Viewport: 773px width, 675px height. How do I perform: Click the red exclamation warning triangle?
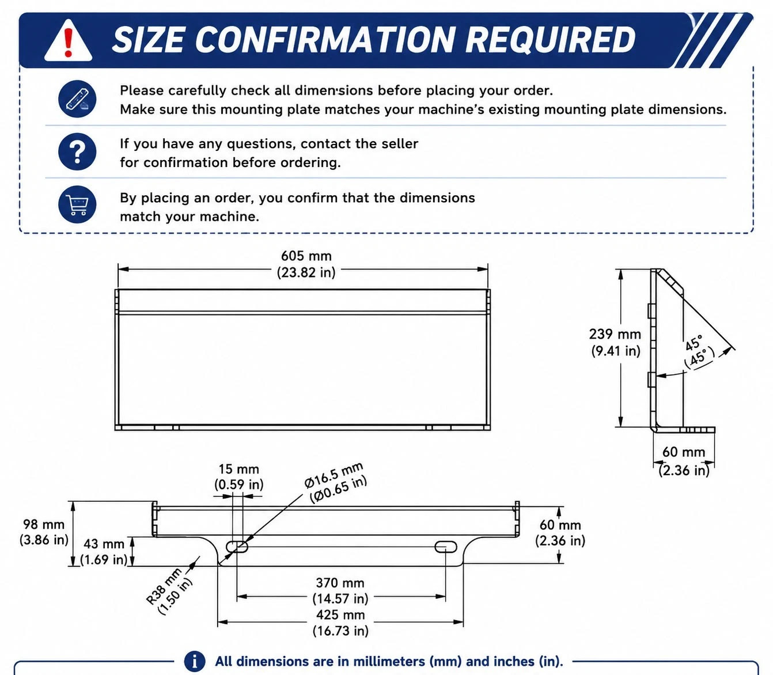pyautogui.click(x=68, y=41)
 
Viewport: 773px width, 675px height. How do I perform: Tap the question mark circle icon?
pyautogui.click(x=77, y=151)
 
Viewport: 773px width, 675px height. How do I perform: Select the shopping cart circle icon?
pyautogui.click(x=77, y=204)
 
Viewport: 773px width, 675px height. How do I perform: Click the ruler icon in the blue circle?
pyautogui.click(x=77, y=99)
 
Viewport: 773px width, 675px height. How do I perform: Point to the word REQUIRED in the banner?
pyautogui.click(x=551, y=40)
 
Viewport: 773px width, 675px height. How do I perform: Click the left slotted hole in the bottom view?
pyautogui.click(x=237, y=546)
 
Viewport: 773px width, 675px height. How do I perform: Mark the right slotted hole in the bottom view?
pyautogui.click(x=446, y=546)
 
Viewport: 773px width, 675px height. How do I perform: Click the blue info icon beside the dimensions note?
pyautogui.click(x=195, y=661)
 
